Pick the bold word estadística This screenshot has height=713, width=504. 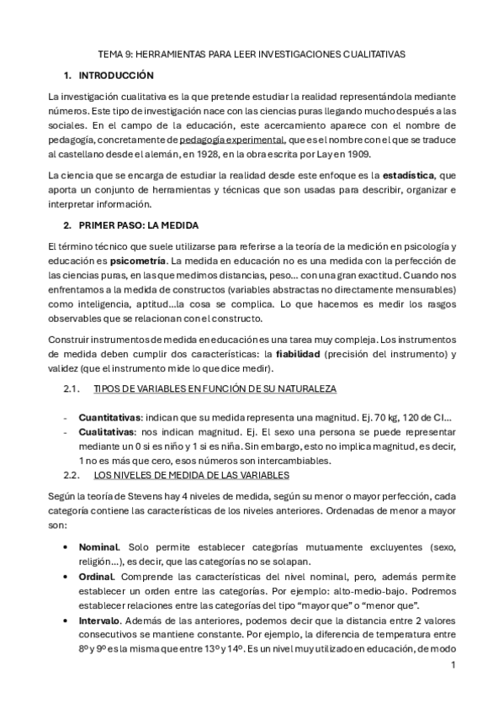click(x=408, y=176)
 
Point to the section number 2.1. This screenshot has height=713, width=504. click(x=72, y=388)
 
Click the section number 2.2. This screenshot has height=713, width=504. click(x=72, y=473)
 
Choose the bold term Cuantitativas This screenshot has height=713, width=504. click(x=109, y=417)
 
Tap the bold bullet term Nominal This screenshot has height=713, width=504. click(x=99, y=547)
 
